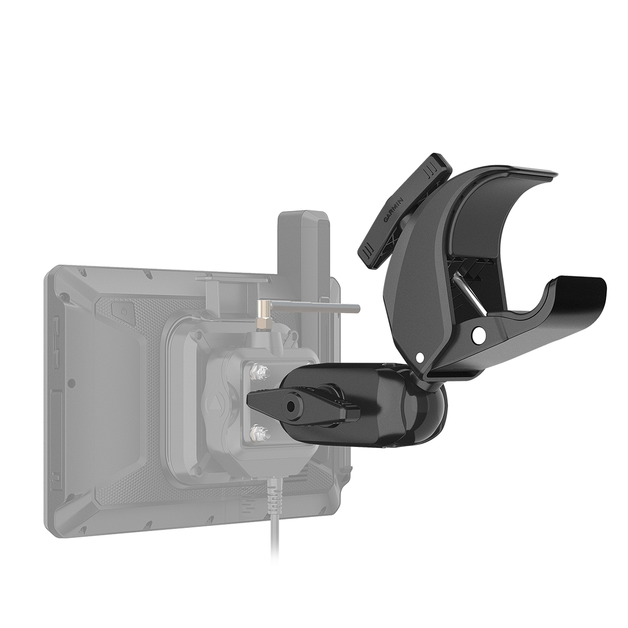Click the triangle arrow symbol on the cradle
click(x=216, y=404)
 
